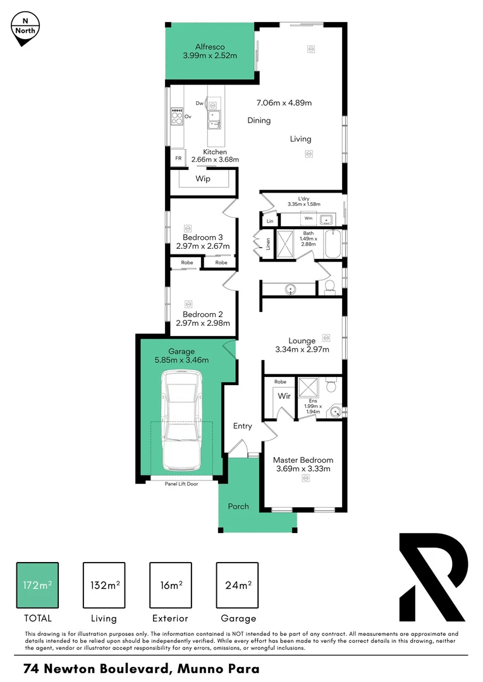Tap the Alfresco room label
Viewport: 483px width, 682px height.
click(x=210, y=47)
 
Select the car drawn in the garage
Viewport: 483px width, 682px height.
click(x=181, y=421)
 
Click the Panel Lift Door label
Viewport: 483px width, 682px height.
click(x=181, y=484)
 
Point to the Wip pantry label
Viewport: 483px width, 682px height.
click(x=203, y=179)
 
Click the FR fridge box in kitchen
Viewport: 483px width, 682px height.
click(x=178, y=159)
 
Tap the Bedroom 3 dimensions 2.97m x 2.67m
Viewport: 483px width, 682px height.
click(x=202, y=246)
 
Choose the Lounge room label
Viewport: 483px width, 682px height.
click(x=302, y=341)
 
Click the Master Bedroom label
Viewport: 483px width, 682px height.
click(x=303, y=460)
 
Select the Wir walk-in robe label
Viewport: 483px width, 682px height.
click(x=284, y=397)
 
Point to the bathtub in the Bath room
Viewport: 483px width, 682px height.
click(x=333, y=244)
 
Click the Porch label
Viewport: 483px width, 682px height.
click(x=238, y=506)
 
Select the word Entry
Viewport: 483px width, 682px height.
click(x=242, y=426)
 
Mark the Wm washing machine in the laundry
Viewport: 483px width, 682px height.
click(x=309, y=218)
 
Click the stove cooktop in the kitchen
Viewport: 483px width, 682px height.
click(x=176, y=116)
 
